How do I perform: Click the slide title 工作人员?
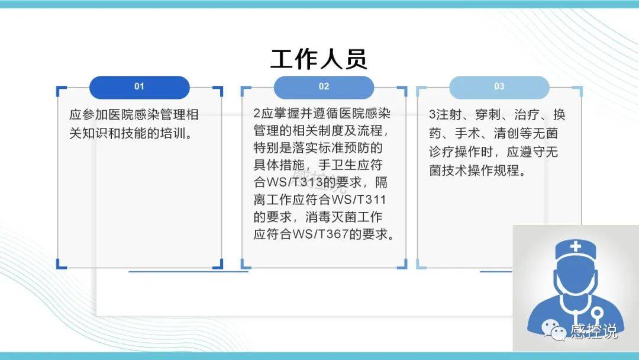coord(319,59)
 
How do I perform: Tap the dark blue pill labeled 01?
coord(140,87)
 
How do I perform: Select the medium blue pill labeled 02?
coord(324,87)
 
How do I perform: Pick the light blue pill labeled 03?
coord(499,87)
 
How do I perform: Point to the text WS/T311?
coord(359,200)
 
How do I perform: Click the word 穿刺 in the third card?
coord(487,114)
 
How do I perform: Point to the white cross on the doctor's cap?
coord(576,246)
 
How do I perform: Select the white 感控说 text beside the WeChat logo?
coord(593,330)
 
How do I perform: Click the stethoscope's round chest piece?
coord(597,314)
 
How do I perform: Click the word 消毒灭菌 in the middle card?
coord(331,217)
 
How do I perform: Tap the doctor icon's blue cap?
coord(576,249)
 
